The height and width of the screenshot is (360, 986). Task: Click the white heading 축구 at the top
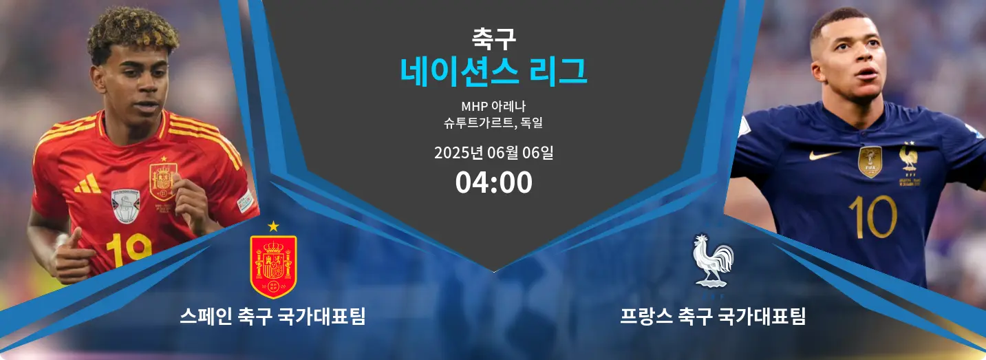point(493,39)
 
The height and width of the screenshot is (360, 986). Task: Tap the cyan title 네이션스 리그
point(493,72)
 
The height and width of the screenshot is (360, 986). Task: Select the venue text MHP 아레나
point(493,105)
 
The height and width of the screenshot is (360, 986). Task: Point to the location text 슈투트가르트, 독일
point(493,123)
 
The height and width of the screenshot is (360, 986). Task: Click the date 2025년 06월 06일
point(493,153)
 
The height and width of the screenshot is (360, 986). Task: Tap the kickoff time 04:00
point(493,182)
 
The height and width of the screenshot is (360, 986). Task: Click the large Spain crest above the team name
point(273,266)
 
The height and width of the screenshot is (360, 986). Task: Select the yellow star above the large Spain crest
point(273,226)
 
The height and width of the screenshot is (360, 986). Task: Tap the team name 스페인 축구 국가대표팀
point(273,316)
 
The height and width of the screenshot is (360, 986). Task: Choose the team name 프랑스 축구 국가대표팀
point(713,316)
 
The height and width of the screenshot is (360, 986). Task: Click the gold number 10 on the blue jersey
point(873,217)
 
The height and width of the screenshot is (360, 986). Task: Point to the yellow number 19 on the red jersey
point(129,250)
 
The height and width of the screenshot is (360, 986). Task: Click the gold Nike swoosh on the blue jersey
point(824,155)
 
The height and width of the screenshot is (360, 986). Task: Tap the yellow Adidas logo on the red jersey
point(88,184)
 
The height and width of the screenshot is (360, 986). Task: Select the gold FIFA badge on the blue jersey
point(870,162)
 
